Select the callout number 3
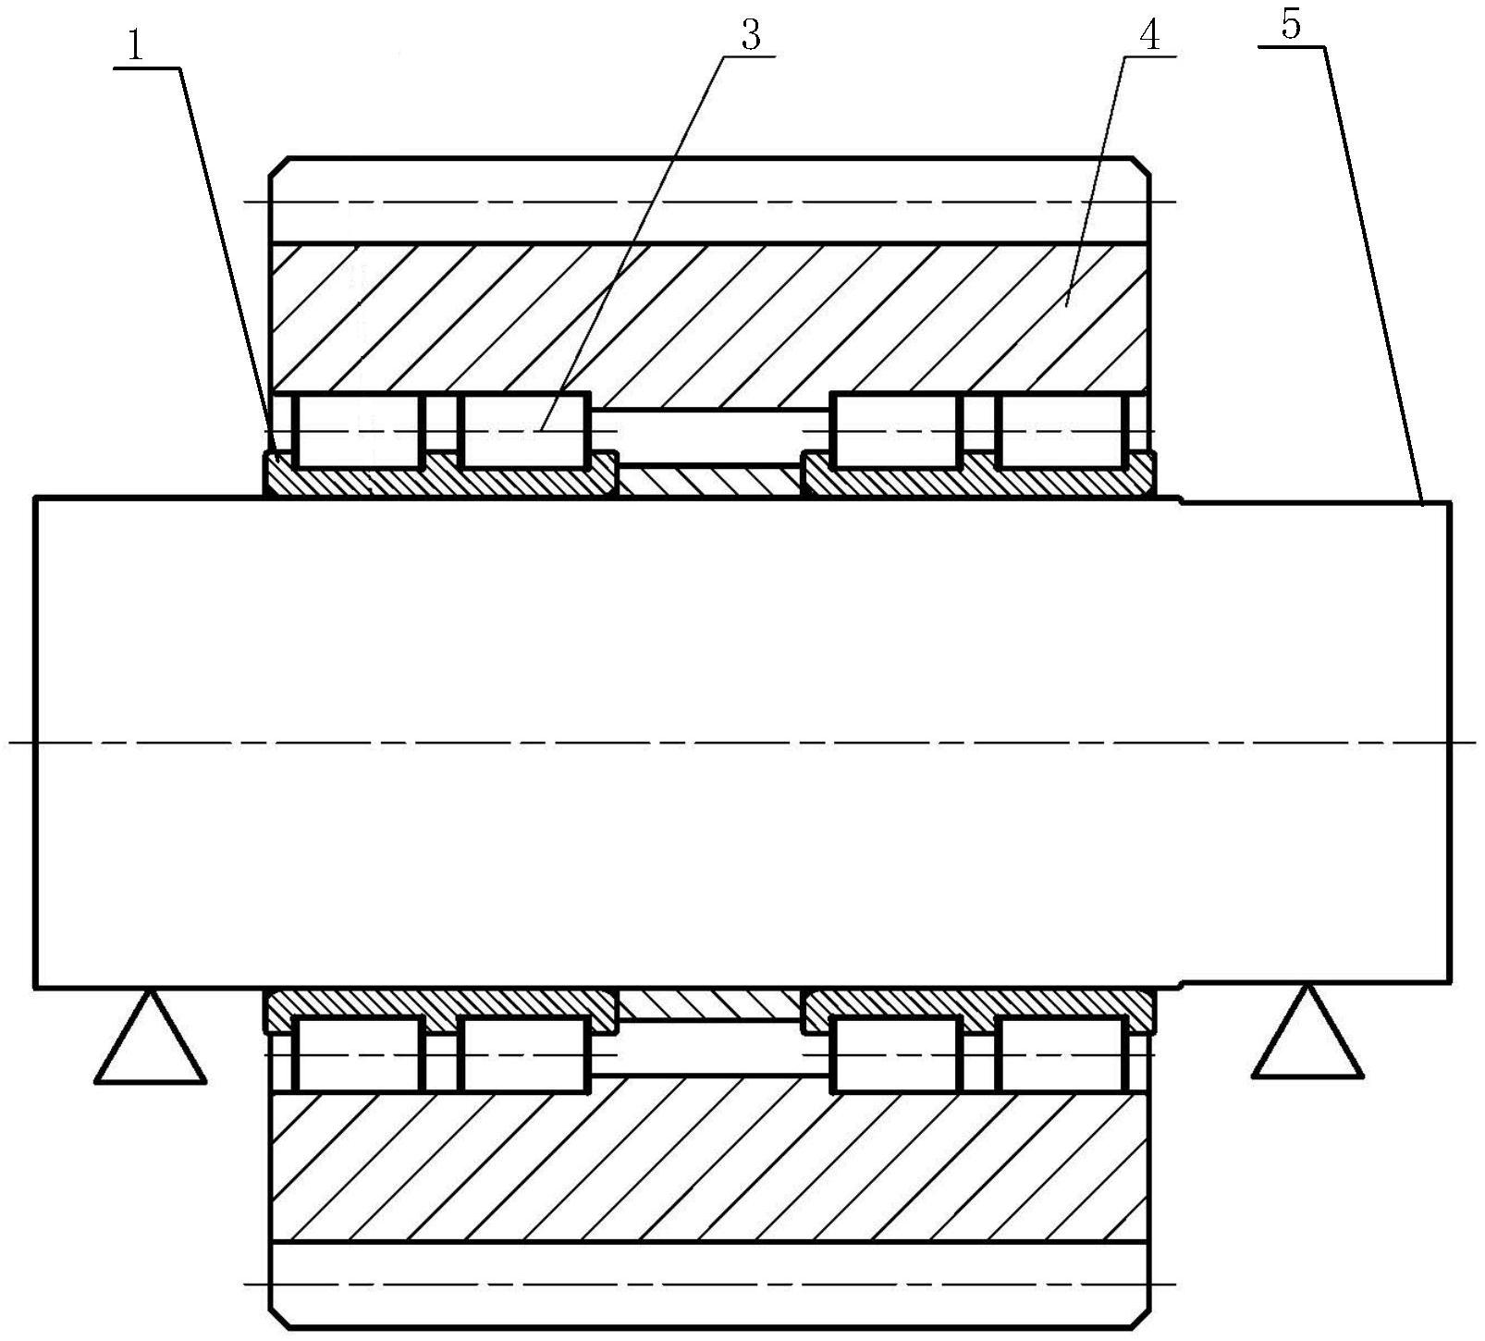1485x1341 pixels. (x=750, y=36)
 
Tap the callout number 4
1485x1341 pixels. (x=1148, y=36)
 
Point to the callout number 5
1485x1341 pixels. (x=1291, y=25)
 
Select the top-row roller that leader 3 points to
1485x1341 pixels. (x=524, y=431)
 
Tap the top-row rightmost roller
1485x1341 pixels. (x=1062, y=431)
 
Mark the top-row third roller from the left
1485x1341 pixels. (x=896, y=431)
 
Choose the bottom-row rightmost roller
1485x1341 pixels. (x=1062, y=1054)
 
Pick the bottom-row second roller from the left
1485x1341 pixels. (x=524, y=1054)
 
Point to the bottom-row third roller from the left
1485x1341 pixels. (x=896, y=1054)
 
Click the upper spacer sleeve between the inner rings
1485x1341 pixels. (x=709, y=481)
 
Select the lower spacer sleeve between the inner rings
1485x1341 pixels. (x=709, y=1003)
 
